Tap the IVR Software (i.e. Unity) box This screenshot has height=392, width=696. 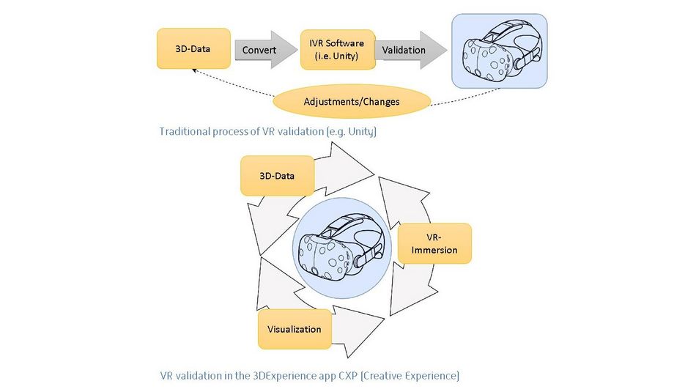pyautogui.click(x=338, y=50)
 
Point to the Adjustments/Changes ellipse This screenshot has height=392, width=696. pyautogui.click(x=352, y=101)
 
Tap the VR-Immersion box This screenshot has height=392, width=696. pyautogui.click(x=434, y=244)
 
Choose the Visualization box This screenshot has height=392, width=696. pyautogui.click(x=294, y=329)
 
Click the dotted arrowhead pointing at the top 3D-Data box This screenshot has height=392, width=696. pyautogui.click(x=193, y=70)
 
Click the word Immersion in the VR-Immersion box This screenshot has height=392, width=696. pyautogui.click(x=434, y=251)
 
